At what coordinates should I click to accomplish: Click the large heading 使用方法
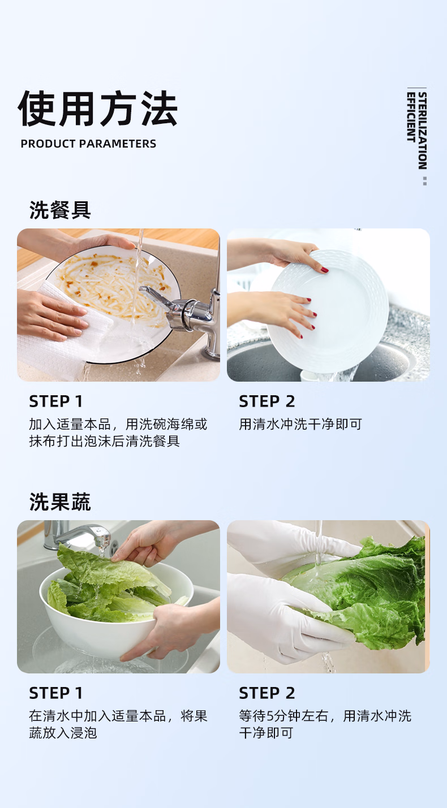[x=97, y=108]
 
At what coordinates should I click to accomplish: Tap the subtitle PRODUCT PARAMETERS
[x=88, y=144]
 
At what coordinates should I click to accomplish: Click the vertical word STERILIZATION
[x=423, y=131]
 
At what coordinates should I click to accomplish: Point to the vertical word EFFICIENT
[x=411, y=117]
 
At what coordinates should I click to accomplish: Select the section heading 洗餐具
[x=60, y=210]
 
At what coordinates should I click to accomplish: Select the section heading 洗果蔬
[x=60, y=502]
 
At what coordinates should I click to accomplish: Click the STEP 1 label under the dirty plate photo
[x=56, y=401]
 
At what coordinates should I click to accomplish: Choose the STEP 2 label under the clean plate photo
[x=267, y=401]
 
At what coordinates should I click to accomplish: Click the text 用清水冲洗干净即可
[x=300, y=424]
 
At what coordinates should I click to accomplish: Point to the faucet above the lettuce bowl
[x=78, y=535]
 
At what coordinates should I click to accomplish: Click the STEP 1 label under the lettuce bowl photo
[x=56, y=693]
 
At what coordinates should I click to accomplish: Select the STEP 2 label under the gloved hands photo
[x=267, y=693]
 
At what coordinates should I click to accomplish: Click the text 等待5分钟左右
[x=283, y=716]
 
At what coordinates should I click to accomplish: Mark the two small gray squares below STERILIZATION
[x=425, y=181]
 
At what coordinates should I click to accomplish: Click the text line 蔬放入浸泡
[x=63, y=733]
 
